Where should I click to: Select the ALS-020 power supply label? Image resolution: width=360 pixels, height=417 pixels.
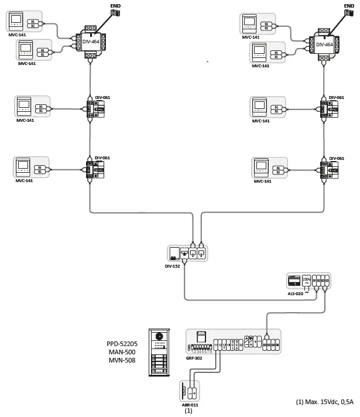pyautogui.click(x=295, y=293)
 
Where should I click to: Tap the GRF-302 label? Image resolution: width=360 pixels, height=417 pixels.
pyautogui.click(x=194, y=357)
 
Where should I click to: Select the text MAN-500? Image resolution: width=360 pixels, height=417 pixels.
pyautogui.click(x=122, y=352)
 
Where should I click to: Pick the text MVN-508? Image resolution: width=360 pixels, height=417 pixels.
pyautogui.click(x=122, y=361)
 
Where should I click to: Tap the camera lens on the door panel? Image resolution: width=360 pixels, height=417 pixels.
pyautogui.click(x=161, y=336)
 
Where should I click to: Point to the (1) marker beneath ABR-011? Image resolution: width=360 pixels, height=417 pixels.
pyautogui.click(x=188, y=411)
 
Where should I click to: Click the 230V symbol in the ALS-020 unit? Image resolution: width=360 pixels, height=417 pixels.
pyautogui.click(x=306, y=281)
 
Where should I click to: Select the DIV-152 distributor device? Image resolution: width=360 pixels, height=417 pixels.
pyautogui.click(x=187, y=253)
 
